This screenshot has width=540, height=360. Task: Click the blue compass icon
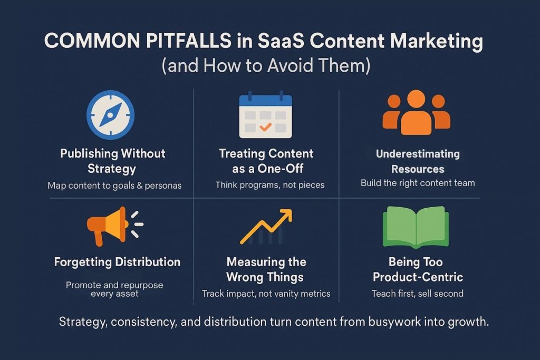(x=110, y=115)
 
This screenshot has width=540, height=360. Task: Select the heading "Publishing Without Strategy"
(x=112, y=161)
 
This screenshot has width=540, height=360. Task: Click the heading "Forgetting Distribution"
(x=117, y=262)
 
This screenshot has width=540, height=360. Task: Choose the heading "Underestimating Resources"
(x=418, y=161)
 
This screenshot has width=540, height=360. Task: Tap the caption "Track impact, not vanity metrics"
(x=266, y=294)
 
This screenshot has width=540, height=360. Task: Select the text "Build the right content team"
(x=418, y=183)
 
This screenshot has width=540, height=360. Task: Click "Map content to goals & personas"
(x=114, y=185)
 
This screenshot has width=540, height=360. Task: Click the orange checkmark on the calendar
(x=266, y=127)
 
